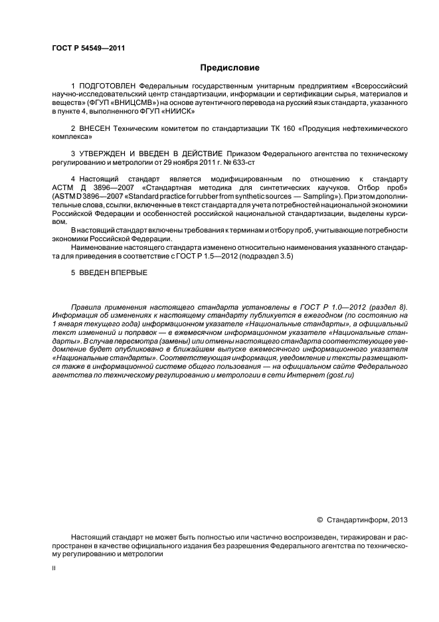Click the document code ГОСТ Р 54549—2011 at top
[88, 49]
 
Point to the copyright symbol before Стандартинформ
[320, 520]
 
